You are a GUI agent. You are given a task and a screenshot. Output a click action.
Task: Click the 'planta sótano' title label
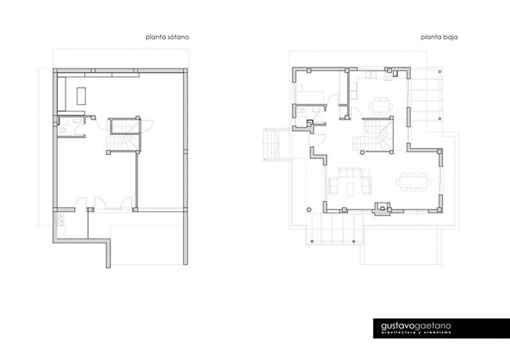point(167,37)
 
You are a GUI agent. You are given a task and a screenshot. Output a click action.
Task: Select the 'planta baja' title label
point(439,37)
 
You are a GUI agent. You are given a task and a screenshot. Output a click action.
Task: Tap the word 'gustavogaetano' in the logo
point(416,326)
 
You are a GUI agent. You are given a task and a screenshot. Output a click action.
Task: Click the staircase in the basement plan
point(124,135)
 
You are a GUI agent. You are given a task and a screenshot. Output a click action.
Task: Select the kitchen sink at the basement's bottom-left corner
point(61,215)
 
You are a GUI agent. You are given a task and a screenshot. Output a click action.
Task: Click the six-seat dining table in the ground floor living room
point(414,182)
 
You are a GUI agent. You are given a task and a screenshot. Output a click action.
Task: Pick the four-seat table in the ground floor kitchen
point(381,106)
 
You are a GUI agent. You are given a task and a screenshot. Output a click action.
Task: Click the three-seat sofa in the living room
point(349,172)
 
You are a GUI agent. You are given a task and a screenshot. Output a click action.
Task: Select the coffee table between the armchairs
point(350,190)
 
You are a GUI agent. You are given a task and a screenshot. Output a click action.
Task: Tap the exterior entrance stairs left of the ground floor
point(272,145)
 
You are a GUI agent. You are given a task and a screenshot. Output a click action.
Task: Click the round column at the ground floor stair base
point(361,152)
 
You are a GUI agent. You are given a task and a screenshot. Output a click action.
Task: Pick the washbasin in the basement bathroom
point(62,131)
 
